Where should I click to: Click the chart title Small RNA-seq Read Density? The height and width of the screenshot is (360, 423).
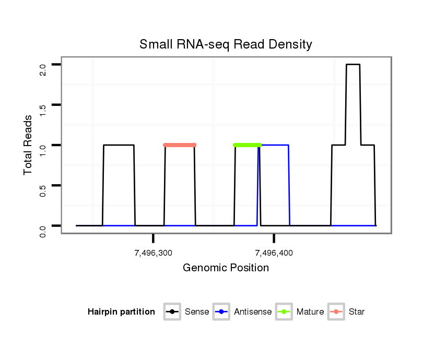[226, 44]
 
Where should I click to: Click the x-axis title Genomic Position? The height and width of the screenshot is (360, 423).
[226, 268]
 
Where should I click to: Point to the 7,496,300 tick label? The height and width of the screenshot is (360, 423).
[154, 253]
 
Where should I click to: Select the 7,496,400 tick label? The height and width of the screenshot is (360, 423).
[274, 253]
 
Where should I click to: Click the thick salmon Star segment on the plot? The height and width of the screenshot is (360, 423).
[180, 145]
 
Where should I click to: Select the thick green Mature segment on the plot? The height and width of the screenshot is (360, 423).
[247, 145]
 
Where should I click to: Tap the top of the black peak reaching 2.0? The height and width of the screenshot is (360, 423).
[353, 65]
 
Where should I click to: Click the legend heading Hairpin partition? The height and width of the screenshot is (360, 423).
[121, 312]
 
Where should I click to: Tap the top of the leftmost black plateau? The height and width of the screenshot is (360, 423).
[119, 145]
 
